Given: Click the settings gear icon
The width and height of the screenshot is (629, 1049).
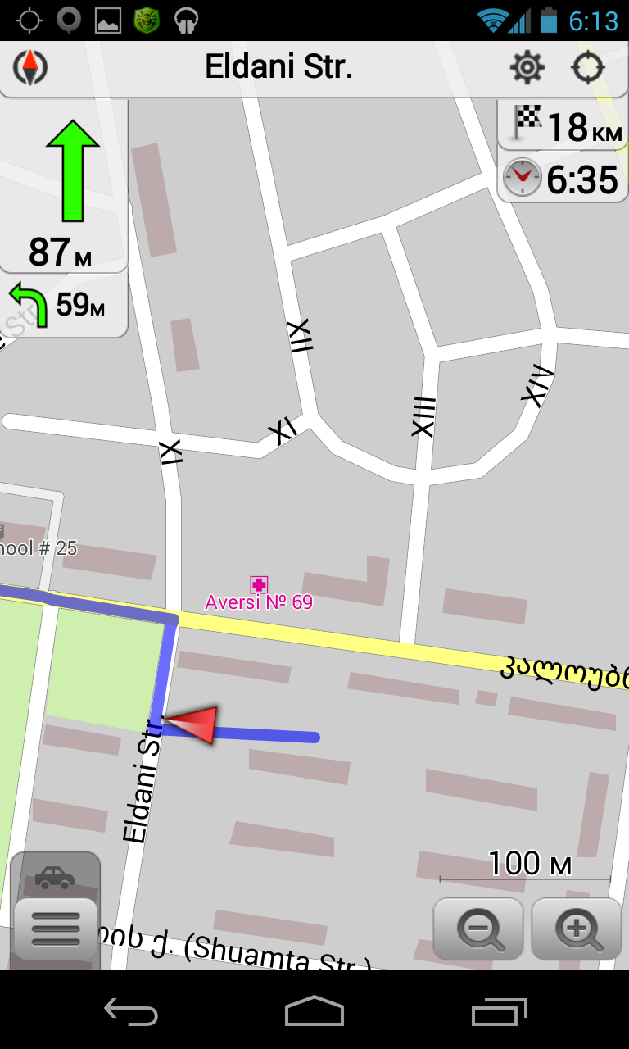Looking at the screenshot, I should point(527,67).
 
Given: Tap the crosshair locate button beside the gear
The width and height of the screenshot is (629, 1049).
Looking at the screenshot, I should point(587,67).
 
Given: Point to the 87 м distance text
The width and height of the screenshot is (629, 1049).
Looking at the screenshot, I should point(60,252).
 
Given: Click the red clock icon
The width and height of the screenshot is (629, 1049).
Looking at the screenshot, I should point(522,178).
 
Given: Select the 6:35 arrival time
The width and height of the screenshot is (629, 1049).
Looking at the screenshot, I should point(581,179).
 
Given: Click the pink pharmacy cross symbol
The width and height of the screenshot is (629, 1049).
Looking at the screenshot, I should point(259,584).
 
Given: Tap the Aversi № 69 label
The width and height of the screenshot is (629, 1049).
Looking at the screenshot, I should point(259,602).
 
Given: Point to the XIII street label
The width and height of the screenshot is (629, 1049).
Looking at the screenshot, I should point(423,416).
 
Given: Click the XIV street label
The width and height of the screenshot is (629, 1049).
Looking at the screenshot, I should point(537,387).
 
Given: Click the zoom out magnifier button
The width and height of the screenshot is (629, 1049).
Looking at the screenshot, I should point(478,929).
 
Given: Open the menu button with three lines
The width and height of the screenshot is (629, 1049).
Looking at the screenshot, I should point(56,929).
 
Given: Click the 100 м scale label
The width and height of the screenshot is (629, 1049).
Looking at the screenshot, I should point(529,864).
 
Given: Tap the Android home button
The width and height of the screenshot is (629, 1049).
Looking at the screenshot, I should point(314,1010).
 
